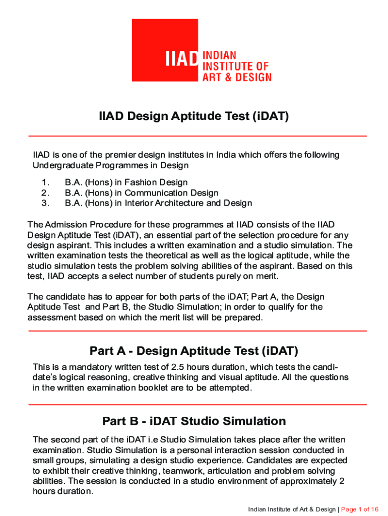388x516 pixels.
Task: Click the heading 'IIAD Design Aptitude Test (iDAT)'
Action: (194, 117)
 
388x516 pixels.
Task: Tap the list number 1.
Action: (44, 182)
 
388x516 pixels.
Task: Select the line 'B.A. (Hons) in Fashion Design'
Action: (126, 182)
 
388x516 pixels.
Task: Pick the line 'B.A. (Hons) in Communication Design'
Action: (142, 193)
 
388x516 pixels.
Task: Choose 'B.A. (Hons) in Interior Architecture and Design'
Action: (158, 203)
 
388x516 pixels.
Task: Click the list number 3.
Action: (45, 203)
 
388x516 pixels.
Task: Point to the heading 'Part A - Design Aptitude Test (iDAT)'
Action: (194, 350)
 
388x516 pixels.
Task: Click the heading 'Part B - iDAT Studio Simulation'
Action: (194, 421)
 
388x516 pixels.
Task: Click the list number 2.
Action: (45, 193)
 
